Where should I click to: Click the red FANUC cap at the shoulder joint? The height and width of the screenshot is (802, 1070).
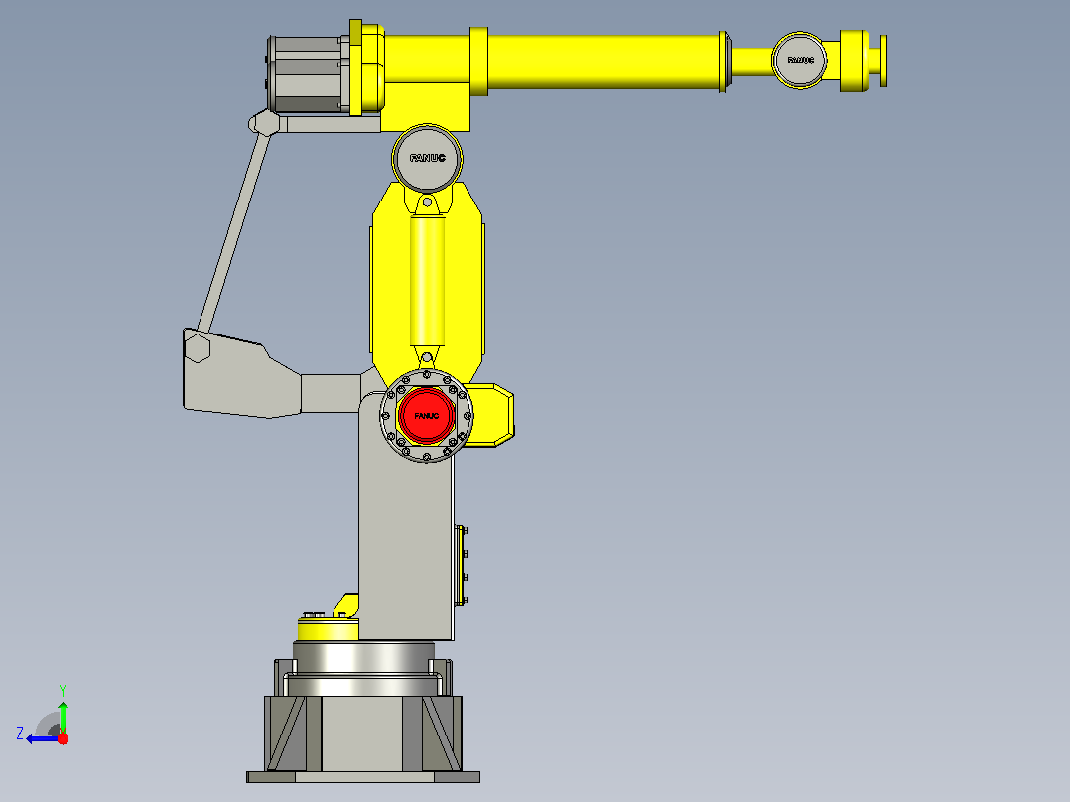427,415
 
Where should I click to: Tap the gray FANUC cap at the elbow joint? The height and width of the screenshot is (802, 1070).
427,159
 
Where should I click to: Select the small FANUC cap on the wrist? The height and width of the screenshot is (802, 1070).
799,61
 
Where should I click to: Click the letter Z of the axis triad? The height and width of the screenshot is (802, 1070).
20,734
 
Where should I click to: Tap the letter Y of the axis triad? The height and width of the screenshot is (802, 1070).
63,690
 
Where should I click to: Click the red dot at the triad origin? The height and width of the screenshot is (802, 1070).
63,738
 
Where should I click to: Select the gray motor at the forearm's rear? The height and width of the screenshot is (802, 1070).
307,74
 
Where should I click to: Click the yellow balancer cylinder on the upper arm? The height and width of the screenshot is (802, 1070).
427,281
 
